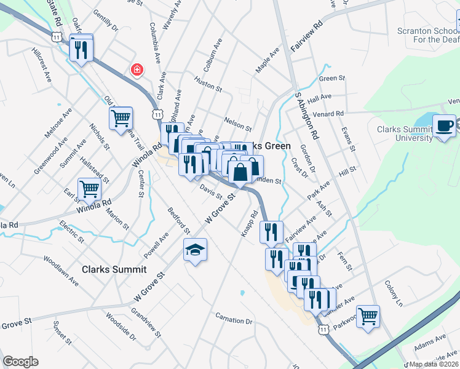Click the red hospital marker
pyautogui.click(x=137, y=70)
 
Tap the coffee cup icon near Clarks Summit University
pyautogui.click(x=445, y=126)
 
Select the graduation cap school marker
pyautogui.click(x=195, y=250)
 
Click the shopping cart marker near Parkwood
pyautogui.click(x=368, y=316)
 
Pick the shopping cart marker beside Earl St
pyautogui.click(x=90, y=189)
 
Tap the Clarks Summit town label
pyautogui.click(x=114, y=269)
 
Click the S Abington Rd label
pyautogui.click(x=307, y=116)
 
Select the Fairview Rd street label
pyautogui.click(x=307, y=38)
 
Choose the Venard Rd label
pyautogui.click(x=327, y=114)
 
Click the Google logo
pyautogui.click(x=20, y=362)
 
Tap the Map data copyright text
pyautogui.click(x=434, y=364)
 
